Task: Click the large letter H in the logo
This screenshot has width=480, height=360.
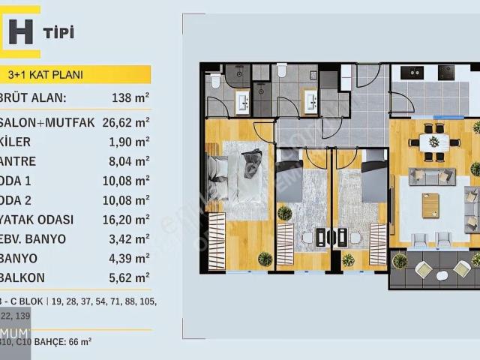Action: click(21, 32)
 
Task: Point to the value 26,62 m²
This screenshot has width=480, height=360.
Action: click(125, 121)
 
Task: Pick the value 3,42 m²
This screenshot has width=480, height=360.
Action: click(129, 239)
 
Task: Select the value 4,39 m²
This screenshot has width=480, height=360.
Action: click(129, 259)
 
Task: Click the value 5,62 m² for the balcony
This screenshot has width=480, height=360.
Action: click(129, 278)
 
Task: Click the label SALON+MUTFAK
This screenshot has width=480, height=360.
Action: click(49, 121)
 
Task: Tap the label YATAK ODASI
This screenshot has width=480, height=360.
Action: click(40, 220)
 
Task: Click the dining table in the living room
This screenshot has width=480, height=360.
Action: click(433, 142)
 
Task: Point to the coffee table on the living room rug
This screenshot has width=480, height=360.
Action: click(430, 205)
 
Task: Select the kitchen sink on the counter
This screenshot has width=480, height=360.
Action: click(412, 73)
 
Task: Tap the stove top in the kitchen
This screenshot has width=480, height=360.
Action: click(445, 73)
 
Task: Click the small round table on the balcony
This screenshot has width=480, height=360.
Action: click(442, 275)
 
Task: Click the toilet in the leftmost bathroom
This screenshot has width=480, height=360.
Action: click(214, 80)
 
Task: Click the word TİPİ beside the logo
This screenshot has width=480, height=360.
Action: click(58, 32)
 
